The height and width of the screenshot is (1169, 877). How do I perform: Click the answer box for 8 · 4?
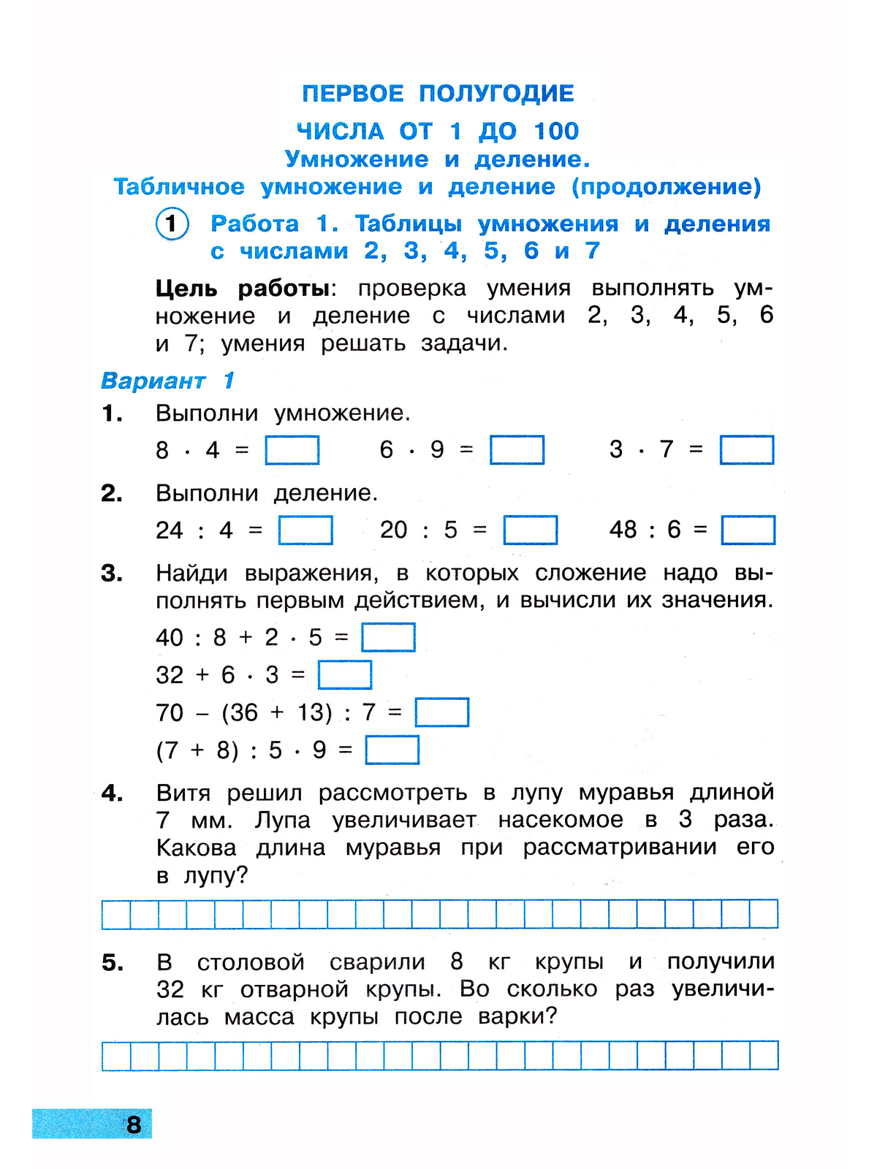click(x=292, y=450)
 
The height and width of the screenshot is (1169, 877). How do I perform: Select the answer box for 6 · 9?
click(x=517, y=450)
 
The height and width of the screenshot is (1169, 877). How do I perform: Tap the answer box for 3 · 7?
click(x=746, y=450)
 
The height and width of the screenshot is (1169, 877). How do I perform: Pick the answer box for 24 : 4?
click(x=305, y=530)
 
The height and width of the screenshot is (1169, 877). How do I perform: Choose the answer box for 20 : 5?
click(x=530, y=530)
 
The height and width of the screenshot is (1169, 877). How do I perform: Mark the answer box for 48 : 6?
click(x=748, y=530)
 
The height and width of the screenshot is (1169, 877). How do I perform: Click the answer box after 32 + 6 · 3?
click(x=344, y=675)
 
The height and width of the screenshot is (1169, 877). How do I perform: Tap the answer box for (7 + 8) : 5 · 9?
click(x=392, y=750)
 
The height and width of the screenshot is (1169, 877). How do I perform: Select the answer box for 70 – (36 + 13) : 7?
click(x=441, y=712)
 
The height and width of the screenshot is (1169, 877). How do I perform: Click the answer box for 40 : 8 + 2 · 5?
click(x=388, y=637)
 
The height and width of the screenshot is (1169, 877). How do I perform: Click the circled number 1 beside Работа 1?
click(x=172, y=224)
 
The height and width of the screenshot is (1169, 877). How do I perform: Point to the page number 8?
click(x=134, y=1124)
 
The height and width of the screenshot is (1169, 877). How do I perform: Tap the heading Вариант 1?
click(x=167, y=381)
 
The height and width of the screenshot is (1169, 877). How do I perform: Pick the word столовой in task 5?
click(x=251, y=962)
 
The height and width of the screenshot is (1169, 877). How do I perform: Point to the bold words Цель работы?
click(x=243, y=289)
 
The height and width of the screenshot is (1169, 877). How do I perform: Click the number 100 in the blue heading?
click(x=556, y=132)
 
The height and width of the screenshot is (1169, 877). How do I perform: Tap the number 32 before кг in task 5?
click(x=170, y=990)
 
